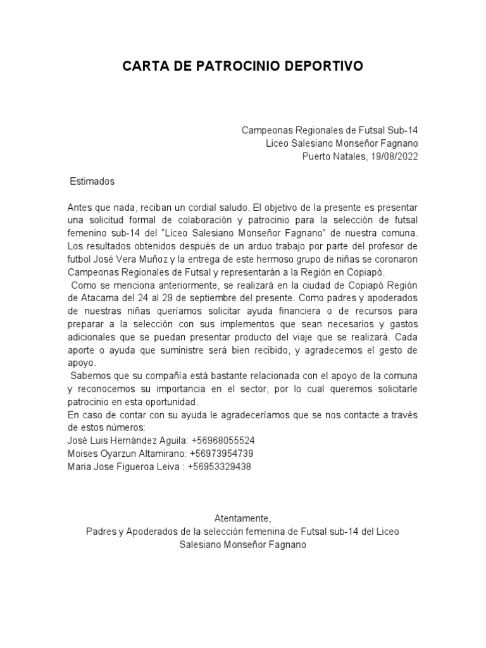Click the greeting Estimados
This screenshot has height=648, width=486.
click(92, 181)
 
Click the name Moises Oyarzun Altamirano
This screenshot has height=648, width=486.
click(124, 454)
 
